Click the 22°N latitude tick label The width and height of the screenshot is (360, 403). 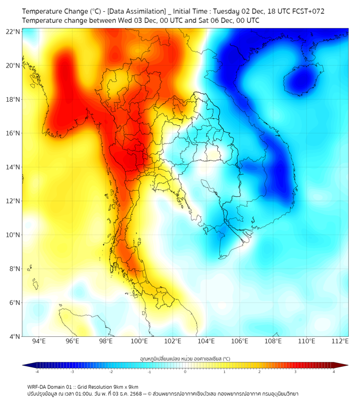[x=13, y=32]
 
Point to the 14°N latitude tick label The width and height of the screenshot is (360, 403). [x=13, y=167]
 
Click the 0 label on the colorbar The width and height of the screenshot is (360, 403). [x=185, y=372]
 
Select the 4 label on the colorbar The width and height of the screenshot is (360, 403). [x=334, y=372]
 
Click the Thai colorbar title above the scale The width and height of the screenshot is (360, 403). [x=185, y=359]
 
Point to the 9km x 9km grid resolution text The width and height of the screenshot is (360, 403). [x=124, y=386]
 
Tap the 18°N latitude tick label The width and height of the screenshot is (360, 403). [x=13, y=100]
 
